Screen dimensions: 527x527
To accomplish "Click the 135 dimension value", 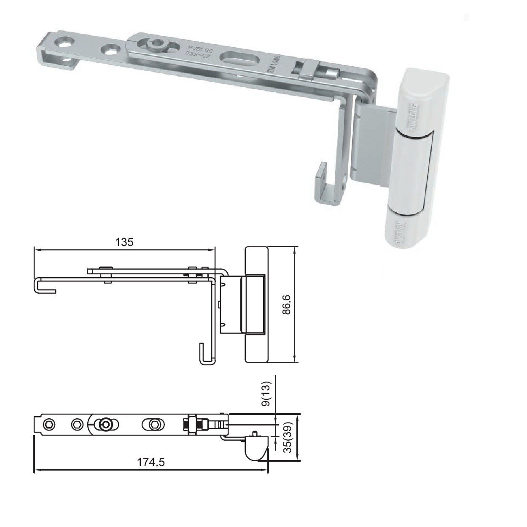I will (125, 242).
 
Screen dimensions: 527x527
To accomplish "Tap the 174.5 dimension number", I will (151, 462).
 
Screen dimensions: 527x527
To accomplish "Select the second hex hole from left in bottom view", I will (76, 423).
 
